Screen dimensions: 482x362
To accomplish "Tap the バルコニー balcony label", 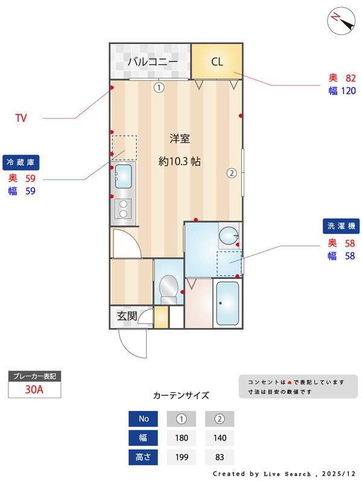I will click(152, 61).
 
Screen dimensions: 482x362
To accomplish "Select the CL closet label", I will click(217, 61).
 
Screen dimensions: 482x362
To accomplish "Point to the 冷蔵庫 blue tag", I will click(23, 162).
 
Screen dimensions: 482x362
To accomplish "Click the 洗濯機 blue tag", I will click(341, 226).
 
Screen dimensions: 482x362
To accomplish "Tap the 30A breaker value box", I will click(34, 389).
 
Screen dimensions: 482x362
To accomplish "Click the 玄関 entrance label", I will click(127, 315).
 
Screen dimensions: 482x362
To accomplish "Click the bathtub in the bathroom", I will click(227, 302).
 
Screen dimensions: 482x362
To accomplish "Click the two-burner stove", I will click(123, 208).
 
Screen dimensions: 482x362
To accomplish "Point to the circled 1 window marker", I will click(159, 87).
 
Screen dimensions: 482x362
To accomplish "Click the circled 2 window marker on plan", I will click(231, 174).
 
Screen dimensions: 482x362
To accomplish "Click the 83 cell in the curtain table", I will click(220, 457).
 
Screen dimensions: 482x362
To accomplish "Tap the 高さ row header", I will click(144, 457).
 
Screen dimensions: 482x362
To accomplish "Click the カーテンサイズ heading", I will click(181, 396).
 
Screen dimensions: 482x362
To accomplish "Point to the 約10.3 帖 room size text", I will click(180, 161).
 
